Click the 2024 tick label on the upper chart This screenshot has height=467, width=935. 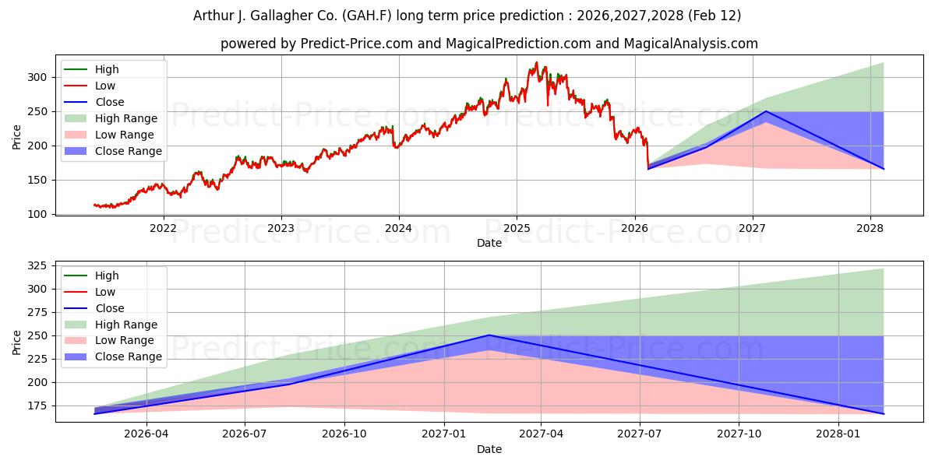tap(398, 228)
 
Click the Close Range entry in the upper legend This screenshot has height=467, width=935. tap(128, 151)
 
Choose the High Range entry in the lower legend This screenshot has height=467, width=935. tap(125, 325)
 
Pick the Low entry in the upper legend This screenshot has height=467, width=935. tap(104, 86)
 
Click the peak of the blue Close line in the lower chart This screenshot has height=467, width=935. tap(489, 335)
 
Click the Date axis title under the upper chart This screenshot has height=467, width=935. tap(489, 243)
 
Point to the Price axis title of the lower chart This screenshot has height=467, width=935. tap(17, 342)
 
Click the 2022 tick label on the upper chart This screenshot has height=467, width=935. tap(163, 228)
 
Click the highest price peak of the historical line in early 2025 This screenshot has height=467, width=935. tap(536, 63)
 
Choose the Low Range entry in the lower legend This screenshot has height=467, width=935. tap(124, 340)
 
